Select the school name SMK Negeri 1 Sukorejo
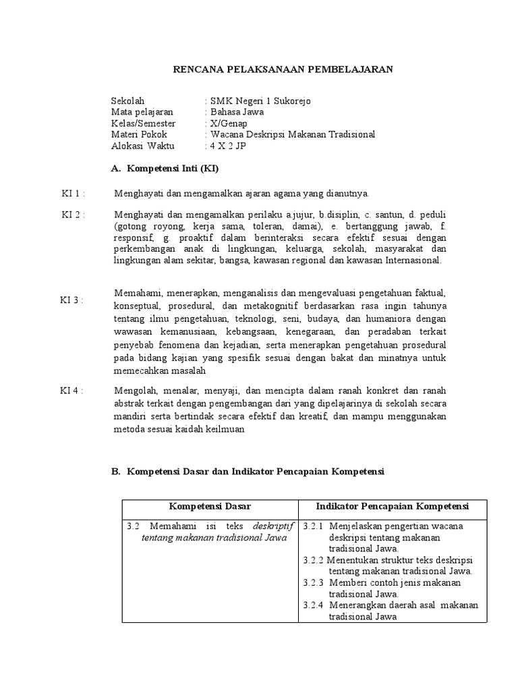coord(260,101)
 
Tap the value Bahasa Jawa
coord(237,112)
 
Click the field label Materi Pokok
coord(139,134)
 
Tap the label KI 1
coord(73,194)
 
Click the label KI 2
coord(73,215)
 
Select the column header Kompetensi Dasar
coord(210,506)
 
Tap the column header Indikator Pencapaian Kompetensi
coord(393,506)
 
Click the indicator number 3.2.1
coord(313,526)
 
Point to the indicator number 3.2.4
coord(313,605)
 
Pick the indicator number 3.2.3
coord(313,582)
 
